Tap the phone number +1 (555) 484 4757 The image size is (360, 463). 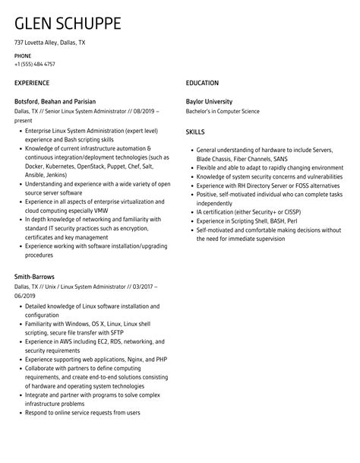point(35,64)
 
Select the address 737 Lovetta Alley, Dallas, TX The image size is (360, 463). point(50,43)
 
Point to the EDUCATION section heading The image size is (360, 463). point(202,82)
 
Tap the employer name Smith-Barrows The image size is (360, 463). point(35,276)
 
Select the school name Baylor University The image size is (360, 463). point(209,101)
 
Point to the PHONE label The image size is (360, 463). point(23,55)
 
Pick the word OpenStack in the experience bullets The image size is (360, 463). point(98,166)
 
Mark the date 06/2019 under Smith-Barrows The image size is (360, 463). point(26,295)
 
